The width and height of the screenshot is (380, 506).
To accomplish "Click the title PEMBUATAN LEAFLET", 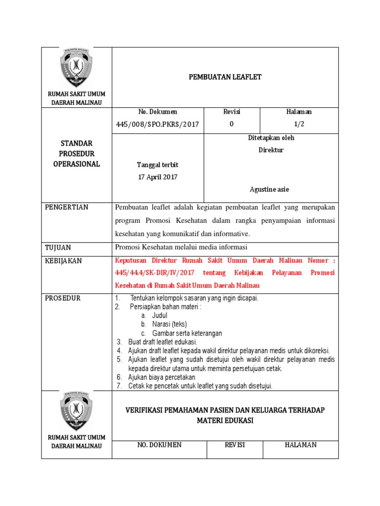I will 225,77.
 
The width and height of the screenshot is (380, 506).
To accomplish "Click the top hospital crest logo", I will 76,68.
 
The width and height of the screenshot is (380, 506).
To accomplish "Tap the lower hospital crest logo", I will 76,412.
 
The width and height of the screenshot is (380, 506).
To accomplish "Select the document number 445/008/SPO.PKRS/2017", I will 158,125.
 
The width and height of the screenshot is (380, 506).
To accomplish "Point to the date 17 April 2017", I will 158,177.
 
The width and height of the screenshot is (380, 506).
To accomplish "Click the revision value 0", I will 232,125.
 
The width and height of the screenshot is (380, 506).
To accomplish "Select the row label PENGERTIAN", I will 67,208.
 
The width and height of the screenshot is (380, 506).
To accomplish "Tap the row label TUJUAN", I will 58,247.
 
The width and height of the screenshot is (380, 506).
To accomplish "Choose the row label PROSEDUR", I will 63,298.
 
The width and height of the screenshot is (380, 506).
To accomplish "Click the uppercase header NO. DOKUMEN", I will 159,445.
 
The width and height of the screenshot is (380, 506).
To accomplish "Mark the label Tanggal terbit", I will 158,165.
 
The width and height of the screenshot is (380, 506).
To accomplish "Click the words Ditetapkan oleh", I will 271,138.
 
